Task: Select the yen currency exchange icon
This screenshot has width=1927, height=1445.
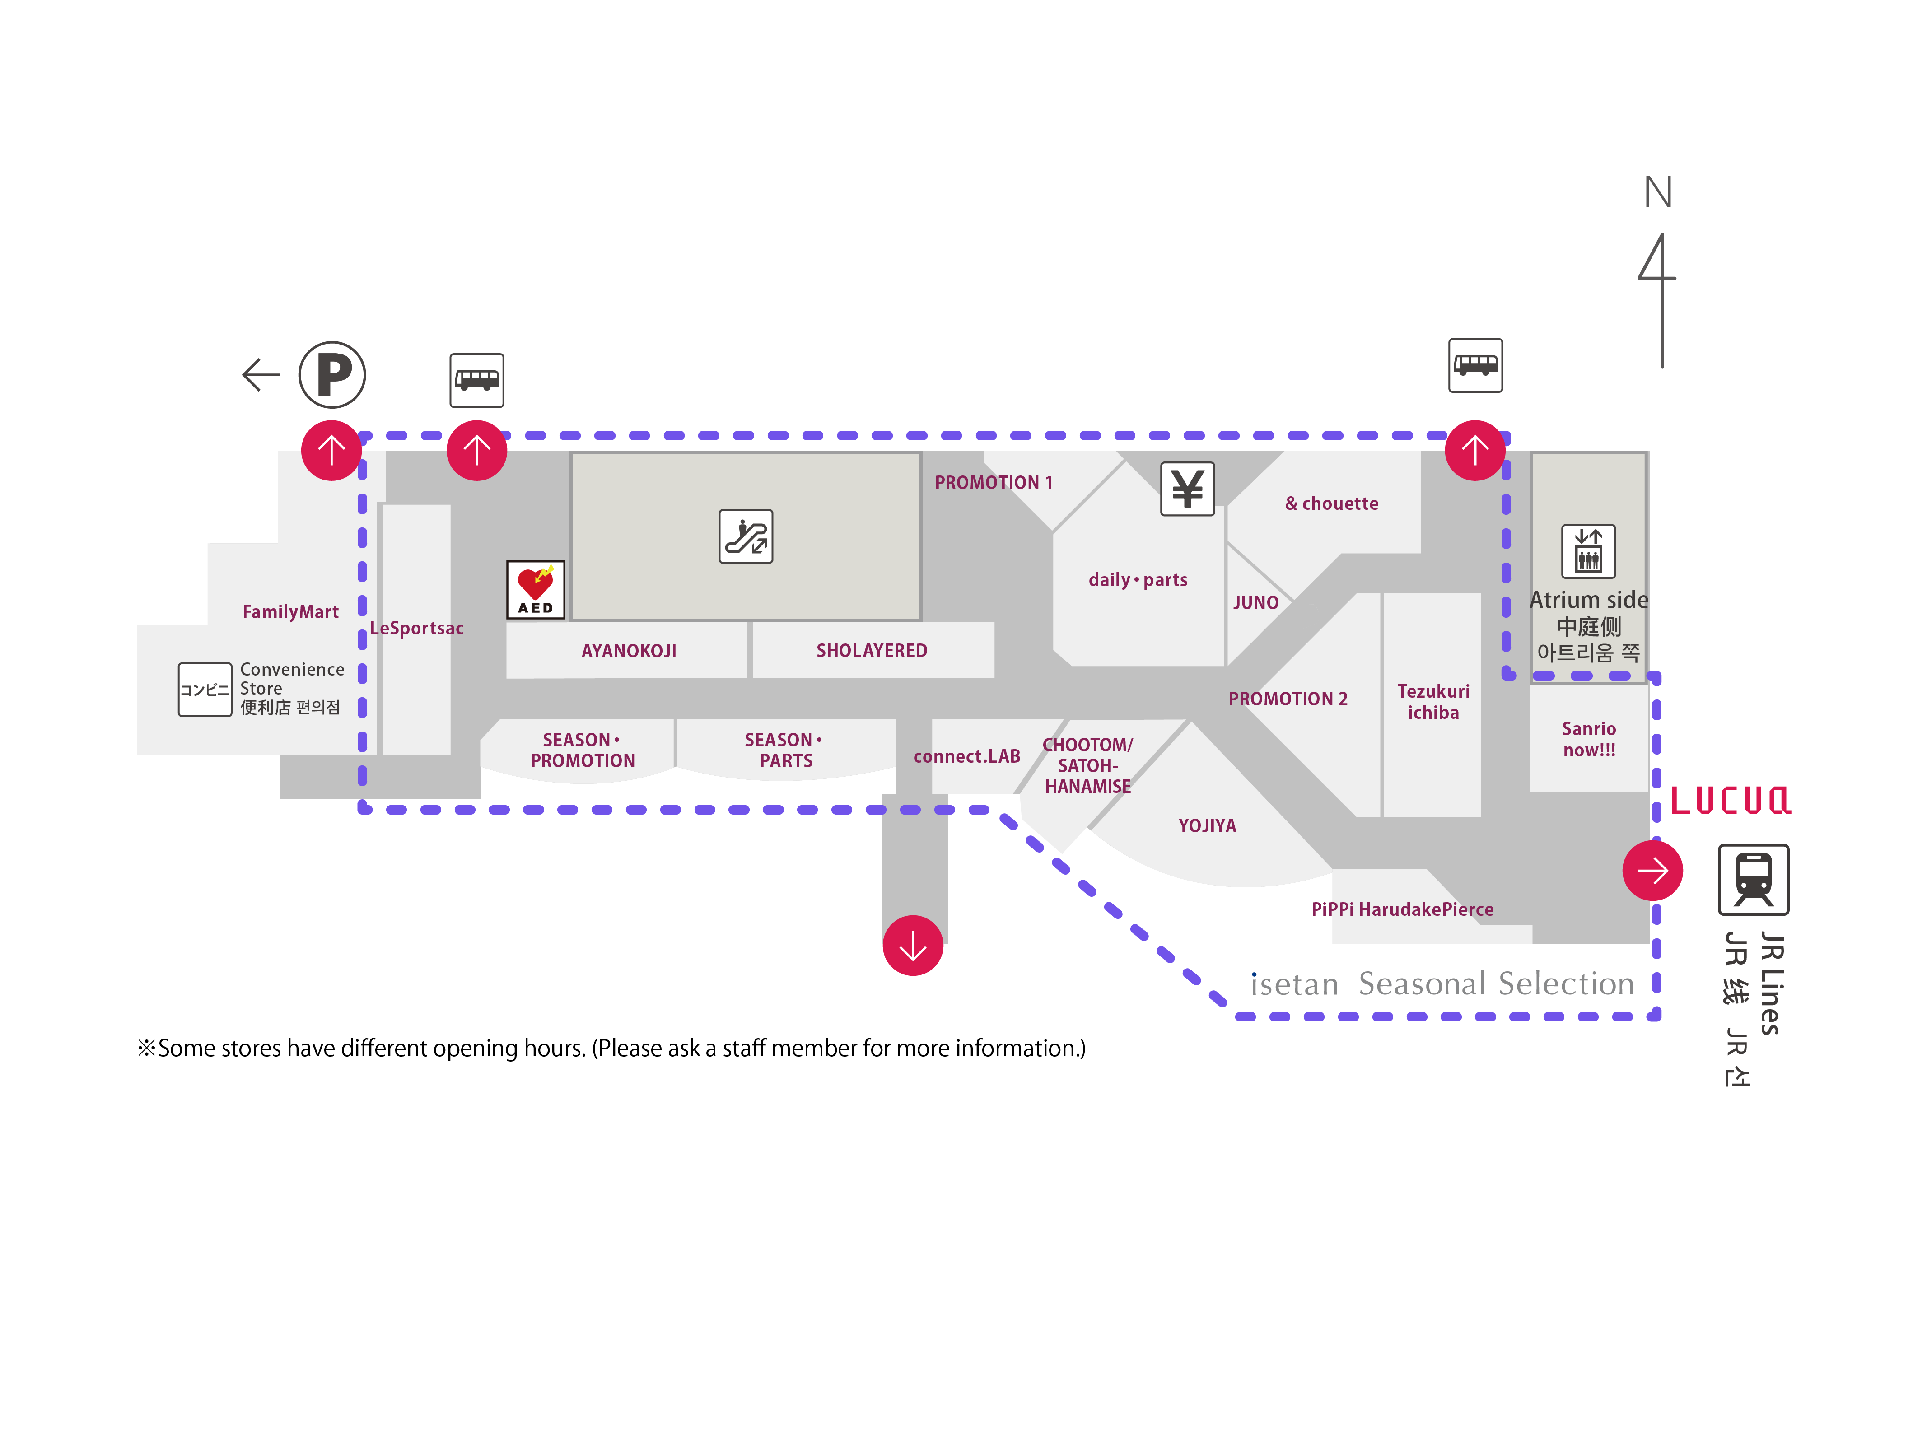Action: pyautogui.click(x=1186, y=489)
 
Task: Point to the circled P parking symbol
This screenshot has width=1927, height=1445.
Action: pyautogui.click(x=332, y=374)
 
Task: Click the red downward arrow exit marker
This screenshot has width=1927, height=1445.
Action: pyautogui.click(x=912, y=945)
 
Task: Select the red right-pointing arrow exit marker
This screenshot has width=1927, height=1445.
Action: pyautogui.click(x=1652, y=870)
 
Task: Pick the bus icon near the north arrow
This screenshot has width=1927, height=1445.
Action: pyautogui.click(x=1475, y=365)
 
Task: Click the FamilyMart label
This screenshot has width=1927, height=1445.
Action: pyautogui.click(x=290, y=611)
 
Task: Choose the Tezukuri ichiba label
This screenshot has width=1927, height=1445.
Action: pyautogui.click(x=1433, y=701)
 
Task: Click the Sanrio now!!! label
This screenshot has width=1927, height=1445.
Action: pyautogui.click(x=1588, y=739)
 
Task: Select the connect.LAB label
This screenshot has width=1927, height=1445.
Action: pyautogui.click(x=966, y=756)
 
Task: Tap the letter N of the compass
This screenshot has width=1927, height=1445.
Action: pyautogui.click(x=1658, y=191)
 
